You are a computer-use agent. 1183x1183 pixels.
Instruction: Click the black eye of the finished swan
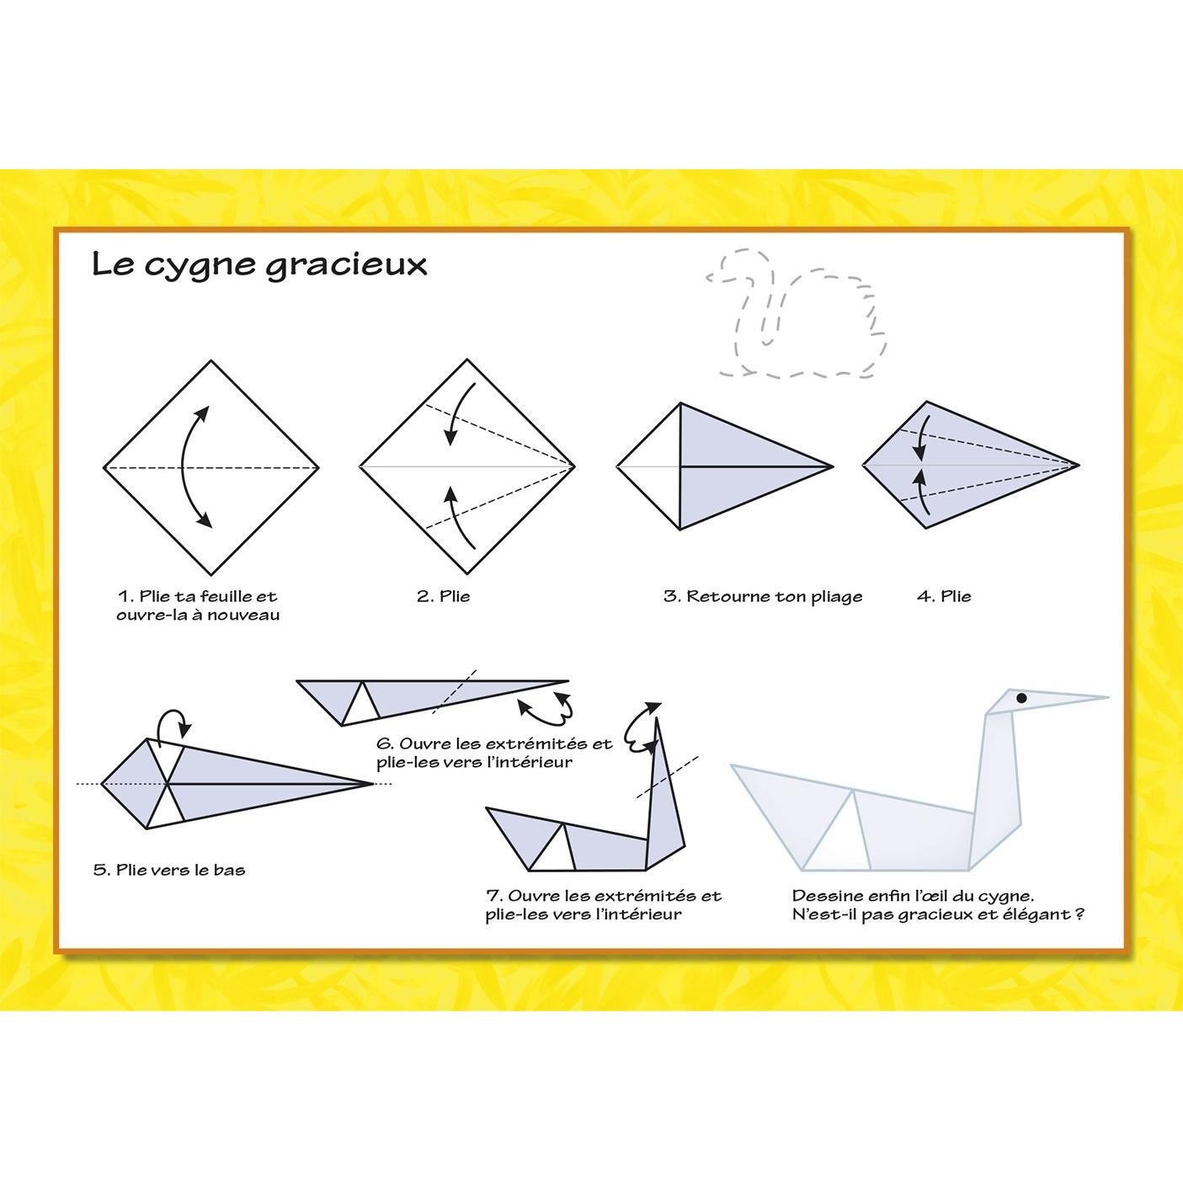1021,698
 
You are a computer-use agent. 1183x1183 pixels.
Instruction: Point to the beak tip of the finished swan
1108,697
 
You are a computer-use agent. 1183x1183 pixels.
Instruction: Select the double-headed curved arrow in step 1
184,466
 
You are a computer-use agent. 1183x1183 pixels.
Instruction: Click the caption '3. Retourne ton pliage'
763,597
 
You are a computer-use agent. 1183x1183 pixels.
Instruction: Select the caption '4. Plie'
944,597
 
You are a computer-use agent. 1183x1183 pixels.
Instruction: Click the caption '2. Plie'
443,597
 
